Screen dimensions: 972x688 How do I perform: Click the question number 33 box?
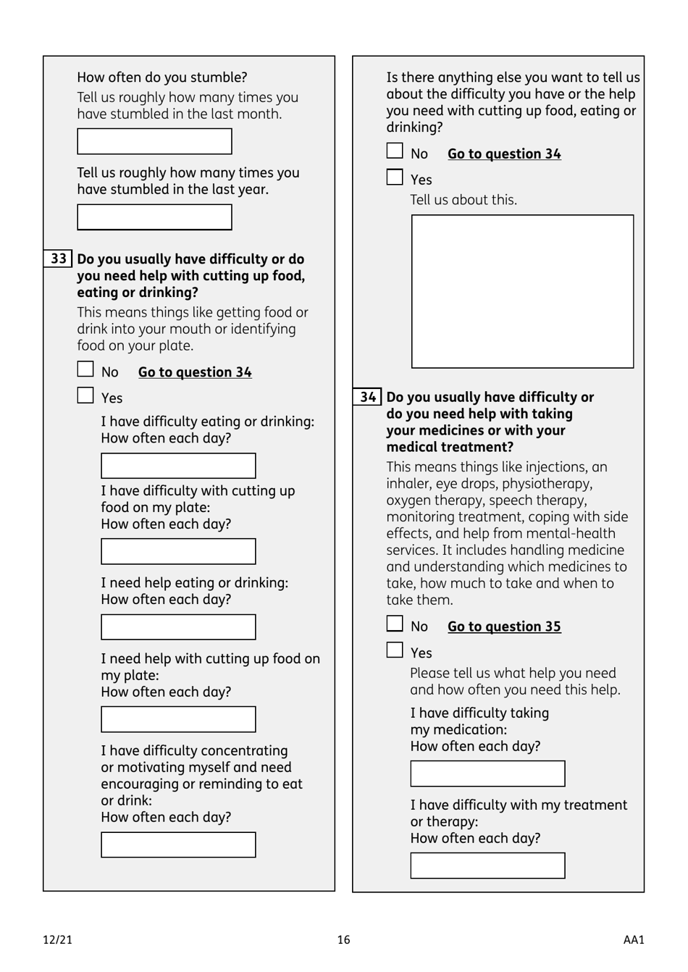59,259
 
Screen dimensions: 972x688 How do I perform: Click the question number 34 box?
368,397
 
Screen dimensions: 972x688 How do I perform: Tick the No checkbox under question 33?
85,369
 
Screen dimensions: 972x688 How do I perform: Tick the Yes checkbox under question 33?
85,395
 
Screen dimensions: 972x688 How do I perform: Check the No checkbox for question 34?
395,624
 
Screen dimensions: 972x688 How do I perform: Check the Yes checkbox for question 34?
395,650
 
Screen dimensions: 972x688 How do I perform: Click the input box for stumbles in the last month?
154,142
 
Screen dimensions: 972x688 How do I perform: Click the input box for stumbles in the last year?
154,217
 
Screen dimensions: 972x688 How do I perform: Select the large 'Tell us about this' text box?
522,291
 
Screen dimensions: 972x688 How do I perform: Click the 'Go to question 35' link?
504,627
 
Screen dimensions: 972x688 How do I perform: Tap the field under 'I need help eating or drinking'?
178,627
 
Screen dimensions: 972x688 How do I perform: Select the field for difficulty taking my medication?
487,774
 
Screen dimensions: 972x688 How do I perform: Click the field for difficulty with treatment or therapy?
487,866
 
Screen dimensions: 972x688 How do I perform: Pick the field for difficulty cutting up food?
178,551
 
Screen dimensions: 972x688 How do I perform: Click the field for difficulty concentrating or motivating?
178,845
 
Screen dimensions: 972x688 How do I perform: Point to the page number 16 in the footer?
343,940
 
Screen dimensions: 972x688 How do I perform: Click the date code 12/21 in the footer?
58,940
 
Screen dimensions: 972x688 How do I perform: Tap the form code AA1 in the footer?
633,940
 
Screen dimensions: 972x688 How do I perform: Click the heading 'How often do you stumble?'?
162,77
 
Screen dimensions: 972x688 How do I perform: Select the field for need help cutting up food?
178,719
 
